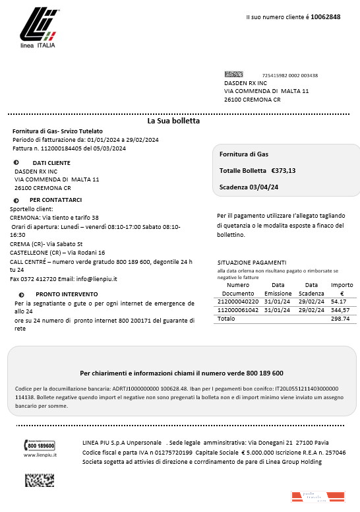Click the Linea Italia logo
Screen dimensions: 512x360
coord(38,30)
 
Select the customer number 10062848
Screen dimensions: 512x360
coord(325,16)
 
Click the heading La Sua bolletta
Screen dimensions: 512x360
coord(173,121)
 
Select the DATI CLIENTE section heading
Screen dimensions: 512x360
coord(51,162)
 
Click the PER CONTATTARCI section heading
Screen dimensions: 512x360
coord(55,200)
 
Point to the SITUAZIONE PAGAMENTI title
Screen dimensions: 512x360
coord(251,262)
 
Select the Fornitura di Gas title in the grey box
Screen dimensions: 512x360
coord(243,154)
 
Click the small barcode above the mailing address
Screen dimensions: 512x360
coord(233,75)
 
